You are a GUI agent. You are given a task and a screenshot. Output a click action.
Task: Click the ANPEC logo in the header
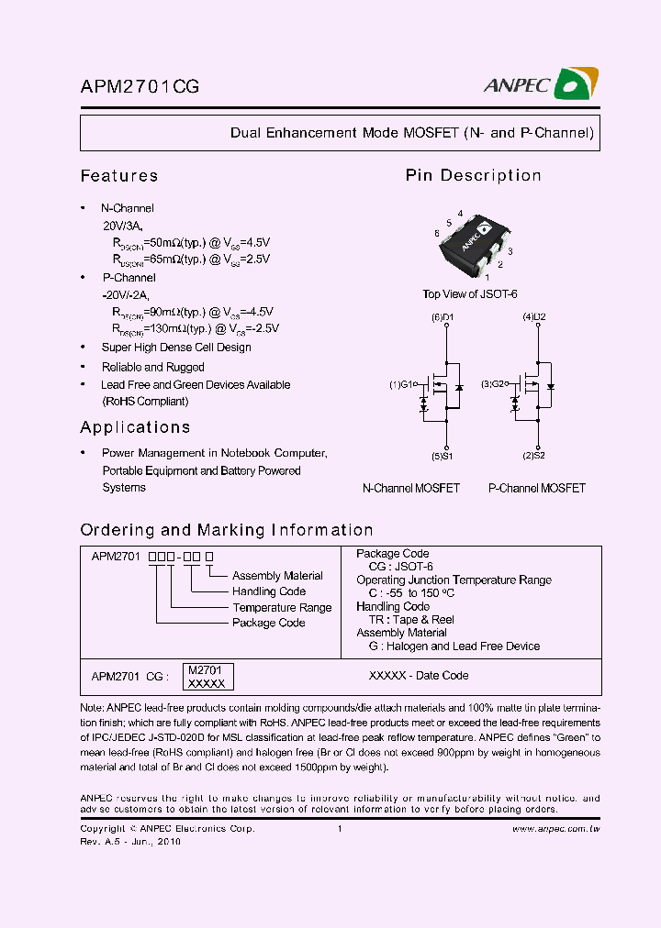pos(542,85)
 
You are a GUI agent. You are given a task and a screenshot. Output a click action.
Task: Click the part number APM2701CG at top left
pos(140,87)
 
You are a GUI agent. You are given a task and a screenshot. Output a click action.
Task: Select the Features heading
pos(119,175)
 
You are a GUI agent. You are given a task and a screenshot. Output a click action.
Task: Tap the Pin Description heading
pos(473,175)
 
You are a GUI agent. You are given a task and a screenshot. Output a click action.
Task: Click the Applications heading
pos(135,427)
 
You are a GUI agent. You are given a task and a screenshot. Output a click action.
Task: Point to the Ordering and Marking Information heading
pos(227,530)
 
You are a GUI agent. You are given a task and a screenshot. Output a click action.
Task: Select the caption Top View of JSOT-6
pos(470,294)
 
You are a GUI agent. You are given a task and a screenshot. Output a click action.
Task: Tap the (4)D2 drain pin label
pos(534,317)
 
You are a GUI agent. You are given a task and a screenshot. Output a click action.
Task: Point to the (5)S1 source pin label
pos(443,456)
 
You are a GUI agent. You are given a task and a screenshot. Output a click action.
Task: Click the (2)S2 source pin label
pos(534,456)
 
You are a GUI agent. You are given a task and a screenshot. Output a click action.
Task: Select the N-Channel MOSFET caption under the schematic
pos(411,489)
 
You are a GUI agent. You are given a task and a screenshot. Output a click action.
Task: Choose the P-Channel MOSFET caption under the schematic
pos(537,489)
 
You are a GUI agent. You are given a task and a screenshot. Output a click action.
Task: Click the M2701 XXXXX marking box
pos(208,677)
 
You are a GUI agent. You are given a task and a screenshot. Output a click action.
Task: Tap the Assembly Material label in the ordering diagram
pos(277,576)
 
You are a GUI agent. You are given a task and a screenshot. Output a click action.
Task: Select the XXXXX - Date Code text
pos(419,676)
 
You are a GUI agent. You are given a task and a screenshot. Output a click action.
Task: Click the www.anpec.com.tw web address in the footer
pos(555,829)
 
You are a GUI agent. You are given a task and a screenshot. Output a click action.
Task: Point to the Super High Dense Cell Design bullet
pos(176,348)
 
